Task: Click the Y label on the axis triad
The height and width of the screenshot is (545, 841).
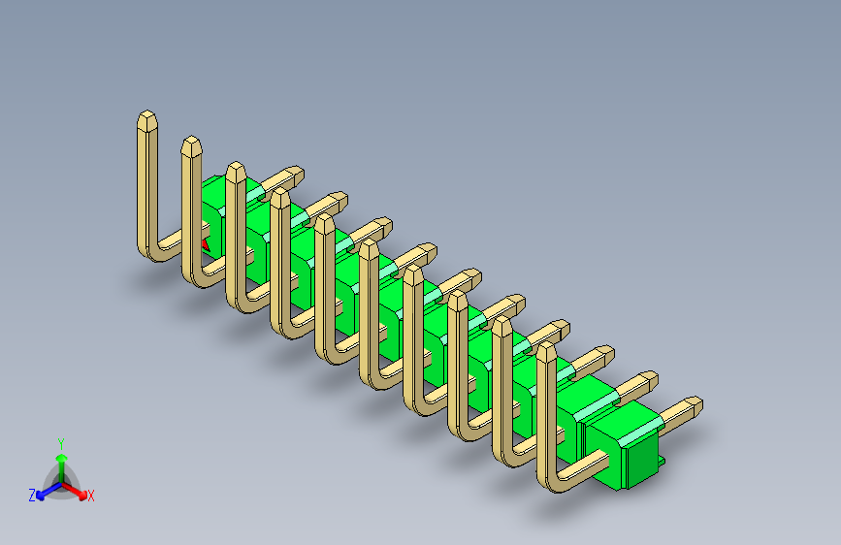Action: pos(60,442)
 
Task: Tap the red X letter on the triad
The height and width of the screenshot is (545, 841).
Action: pos(91,497)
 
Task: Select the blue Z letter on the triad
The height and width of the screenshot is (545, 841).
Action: pos(32,496)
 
